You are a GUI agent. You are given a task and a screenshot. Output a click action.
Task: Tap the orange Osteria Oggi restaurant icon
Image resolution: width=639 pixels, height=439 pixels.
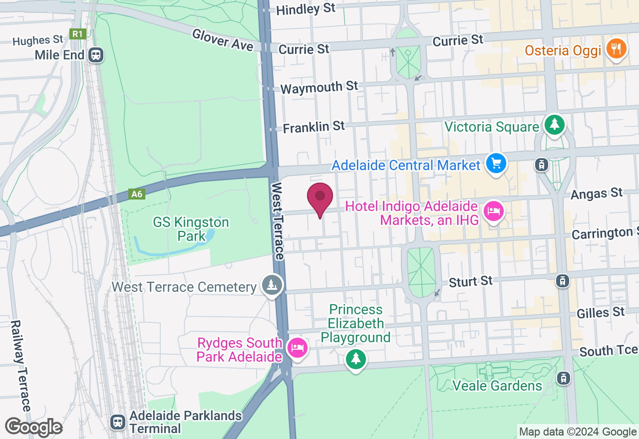click(617, 49)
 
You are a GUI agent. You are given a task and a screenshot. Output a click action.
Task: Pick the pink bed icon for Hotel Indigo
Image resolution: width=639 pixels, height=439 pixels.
click(493, 211)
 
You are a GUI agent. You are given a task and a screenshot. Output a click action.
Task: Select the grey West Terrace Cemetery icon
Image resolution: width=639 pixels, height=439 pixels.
click(272, 285)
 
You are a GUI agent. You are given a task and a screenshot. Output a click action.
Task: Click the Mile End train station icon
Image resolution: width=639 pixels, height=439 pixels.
click(95, 55)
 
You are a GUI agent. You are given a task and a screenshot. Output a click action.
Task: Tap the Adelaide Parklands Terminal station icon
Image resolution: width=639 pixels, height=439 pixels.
click(118, 422)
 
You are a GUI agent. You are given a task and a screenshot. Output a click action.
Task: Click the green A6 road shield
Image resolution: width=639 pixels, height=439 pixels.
click(137, 194)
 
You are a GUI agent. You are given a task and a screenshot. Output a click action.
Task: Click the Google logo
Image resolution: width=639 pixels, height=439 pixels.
click(33, 427)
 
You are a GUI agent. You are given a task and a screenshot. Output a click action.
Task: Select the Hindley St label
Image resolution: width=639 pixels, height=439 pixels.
click(306, 9)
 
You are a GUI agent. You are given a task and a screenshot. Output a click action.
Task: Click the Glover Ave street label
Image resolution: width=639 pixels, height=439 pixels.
click(223, 39)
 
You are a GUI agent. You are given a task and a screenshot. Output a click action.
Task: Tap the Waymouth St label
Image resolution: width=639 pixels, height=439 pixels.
click(319, 87)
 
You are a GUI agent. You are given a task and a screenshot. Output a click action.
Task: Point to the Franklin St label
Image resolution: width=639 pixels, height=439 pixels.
click(314, 127)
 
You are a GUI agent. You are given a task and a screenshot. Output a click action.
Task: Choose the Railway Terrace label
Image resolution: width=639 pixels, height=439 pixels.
click(20, 366)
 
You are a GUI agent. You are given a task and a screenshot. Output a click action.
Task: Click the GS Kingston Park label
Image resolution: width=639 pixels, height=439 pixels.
click(191, 228)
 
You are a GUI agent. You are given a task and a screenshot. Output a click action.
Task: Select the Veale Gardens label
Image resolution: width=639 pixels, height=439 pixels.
click(497, 386)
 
